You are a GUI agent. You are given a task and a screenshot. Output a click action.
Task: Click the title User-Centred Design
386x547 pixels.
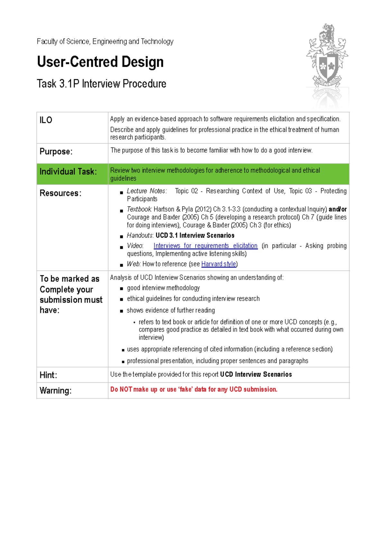tap(100, 62)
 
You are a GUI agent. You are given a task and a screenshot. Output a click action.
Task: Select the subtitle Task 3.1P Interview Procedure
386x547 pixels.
tap(101, 84)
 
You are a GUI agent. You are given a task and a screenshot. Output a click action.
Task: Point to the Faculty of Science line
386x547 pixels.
tap(105, 42)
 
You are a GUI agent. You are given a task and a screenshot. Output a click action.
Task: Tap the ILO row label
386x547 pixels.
tap(46, 120)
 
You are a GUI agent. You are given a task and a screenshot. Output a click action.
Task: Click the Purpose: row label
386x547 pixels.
tap(56, 151)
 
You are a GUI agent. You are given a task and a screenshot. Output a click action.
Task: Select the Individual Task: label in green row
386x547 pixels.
tap(68, 171)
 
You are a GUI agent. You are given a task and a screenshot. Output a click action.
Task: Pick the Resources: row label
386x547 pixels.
tap(60, 193)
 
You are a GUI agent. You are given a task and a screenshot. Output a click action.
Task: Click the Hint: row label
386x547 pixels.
tap(48, 375)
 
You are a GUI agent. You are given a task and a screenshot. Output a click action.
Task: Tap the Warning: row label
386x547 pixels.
tap(55, 391)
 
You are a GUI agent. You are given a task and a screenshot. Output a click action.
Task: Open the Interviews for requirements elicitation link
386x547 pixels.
tap(205, 246)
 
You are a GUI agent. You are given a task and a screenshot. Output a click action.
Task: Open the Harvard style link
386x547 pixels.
tap(218, 264)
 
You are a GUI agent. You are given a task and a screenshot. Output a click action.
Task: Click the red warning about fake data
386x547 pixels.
tap(194, 389)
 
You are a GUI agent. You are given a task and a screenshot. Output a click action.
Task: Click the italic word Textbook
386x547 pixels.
tap(139, 209)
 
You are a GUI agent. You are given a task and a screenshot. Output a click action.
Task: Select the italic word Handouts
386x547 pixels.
tap(140, 235)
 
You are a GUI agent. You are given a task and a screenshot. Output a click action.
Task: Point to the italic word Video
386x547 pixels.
tap(135, 246)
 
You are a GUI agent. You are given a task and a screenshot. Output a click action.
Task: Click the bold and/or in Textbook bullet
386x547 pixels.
tap(337, 209)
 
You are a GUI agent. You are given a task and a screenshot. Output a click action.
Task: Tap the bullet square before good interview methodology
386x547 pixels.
tap(122, 289)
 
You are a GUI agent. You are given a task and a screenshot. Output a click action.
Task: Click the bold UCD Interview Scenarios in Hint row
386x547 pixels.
tap(256, 374)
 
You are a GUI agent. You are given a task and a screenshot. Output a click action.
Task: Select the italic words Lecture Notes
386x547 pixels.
tap(147, 191)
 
